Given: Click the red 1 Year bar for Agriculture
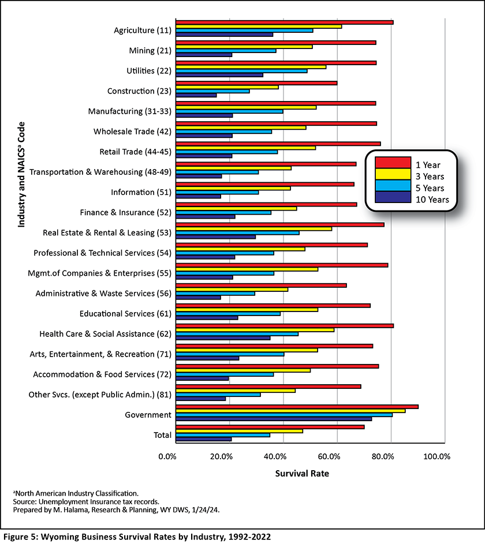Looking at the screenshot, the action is click(284, 22).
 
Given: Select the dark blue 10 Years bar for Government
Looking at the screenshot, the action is click(274, 419).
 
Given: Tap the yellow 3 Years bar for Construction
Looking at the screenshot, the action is click(227, 87).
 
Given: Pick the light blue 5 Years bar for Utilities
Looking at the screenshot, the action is click(241, 71).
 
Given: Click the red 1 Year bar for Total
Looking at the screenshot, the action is click(270, 427).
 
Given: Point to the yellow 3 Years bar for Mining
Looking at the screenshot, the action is click(244, 47).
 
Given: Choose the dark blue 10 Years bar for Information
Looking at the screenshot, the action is click(198, 196).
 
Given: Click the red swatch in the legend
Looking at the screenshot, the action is click(393, 163).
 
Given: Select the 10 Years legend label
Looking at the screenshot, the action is click(432, 200).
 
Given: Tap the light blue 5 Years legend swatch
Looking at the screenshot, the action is click(393, 186).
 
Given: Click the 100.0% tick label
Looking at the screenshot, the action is click(436, 456).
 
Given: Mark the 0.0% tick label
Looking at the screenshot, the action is click(167, 456).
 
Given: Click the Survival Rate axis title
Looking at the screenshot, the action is click(302, 473).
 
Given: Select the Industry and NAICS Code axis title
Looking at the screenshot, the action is click(21, 175).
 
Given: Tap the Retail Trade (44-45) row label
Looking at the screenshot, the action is click(136, 152).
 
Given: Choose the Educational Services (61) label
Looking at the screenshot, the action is click(125, 314).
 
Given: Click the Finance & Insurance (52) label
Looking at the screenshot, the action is click(126, 212).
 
